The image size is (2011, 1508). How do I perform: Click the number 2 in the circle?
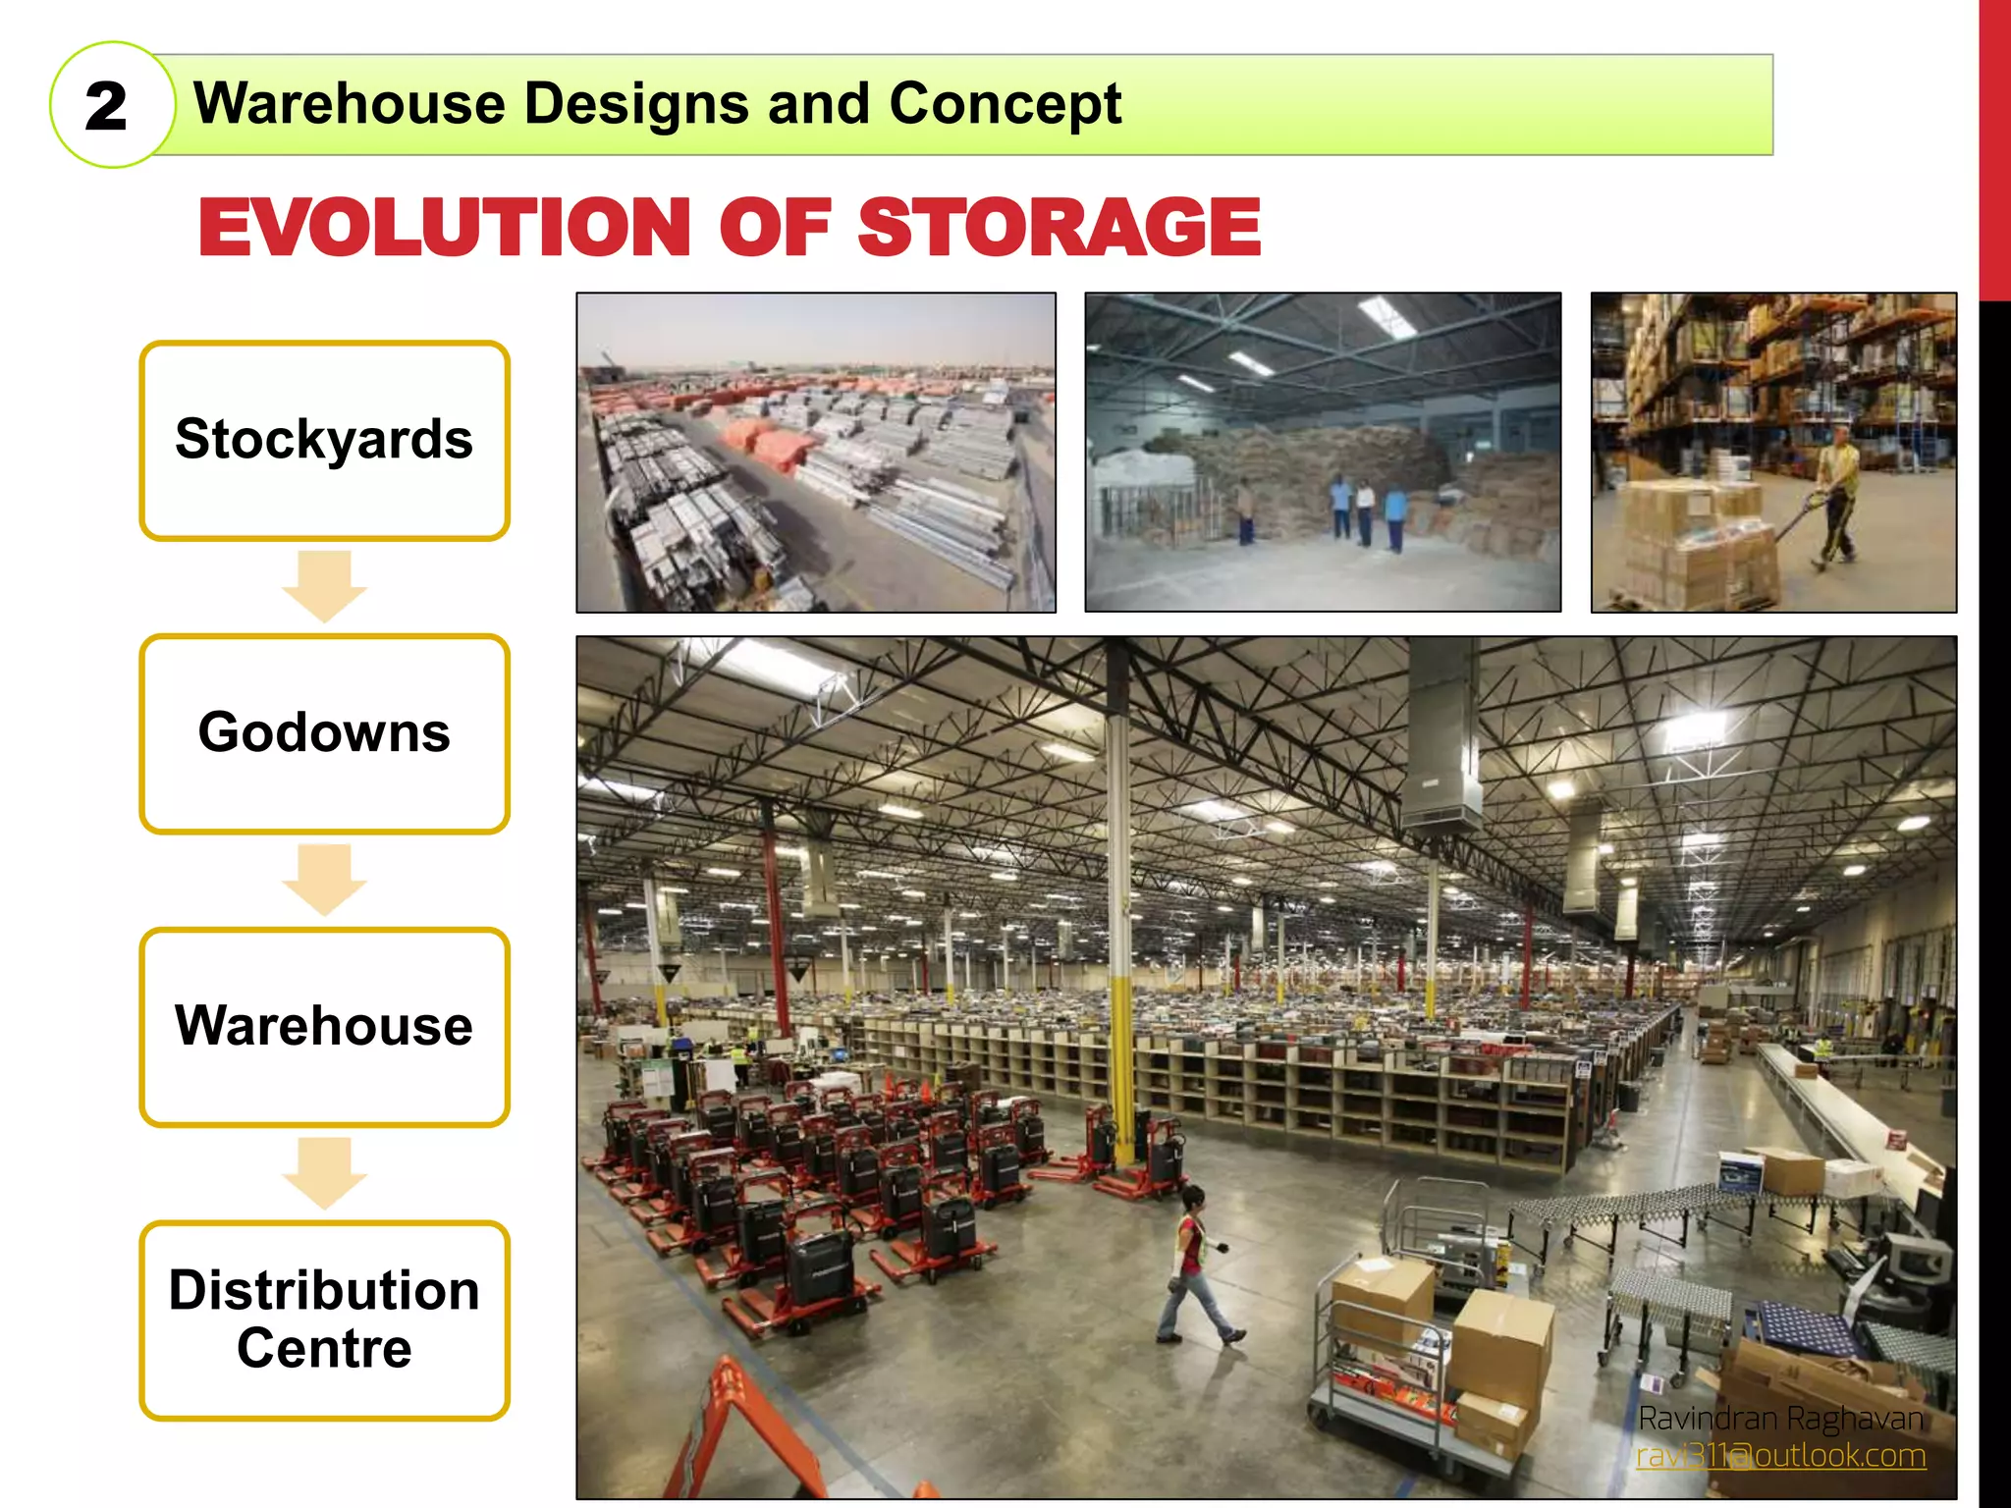click(106, 106)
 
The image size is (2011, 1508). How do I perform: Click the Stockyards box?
click(324, 440)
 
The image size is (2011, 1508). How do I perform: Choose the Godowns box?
click(324, 732)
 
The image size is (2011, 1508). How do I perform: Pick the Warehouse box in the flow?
click(324, 1026)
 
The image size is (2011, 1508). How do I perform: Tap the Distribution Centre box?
click(324, 1319)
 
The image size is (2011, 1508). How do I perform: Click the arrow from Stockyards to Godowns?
click(324, 586)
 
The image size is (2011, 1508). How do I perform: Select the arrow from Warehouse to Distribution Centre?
click(324, 1172)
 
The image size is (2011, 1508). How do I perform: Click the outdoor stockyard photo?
click(816, 453)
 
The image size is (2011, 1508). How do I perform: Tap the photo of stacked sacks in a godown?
click(1323, 453)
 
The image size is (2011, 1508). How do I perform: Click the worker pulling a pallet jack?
click(1834, 501)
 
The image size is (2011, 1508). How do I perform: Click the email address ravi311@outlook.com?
click(1780, 1455)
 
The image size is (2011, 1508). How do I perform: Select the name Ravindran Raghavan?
click(1780, 1419)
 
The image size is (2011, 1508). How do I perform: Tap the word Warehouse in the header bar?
click(350, 104)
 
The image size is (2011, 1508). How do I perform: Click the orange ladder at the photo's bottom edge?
click(746, 1433)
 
